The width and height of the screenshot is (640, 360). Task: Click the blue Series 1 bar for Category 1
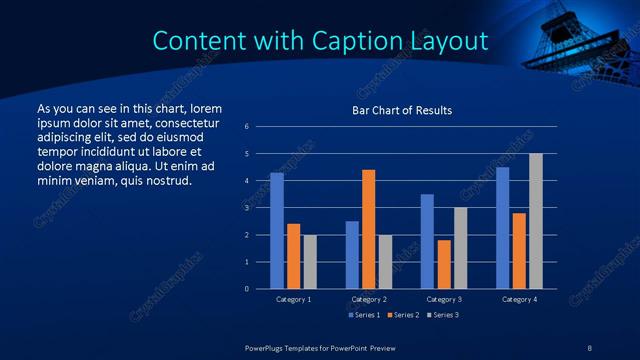pos(277,231)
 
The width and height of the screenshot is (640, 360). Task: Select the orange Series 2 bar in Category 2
pos(368,229)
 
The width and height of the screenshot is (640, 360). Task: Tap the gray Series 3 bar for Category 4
pos(535,221)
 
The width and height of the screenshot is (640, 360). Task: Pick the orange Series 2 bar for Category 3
pos(443,264)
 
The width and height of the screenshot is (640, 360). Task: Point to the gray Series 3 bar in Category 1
pos(309,262)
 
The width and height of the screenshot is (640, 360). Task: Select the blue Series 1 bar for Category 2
pos(352,255)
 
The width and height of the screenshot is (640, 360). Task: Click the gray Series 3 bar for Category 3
pos(460,248)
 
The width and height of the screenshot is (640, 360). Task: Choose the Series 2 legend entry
pos(402,315)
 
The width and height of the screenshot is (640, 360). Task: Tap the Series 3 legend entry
pos(442,315)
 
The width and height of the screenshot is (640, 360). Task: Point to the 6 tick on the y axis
pos(247,127)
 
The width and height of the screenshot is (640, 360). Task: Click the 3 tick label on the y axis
pos(247,208)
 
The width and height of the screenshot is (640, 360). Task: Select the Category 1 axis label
pos(293,299)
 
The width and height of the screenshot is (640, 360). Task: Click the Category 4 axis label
pos(518,299)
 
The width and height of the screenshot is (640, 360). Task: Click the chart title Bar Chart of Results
pos(402,110)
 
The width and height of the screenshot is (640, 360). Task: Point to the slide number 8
pos(590,346)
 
